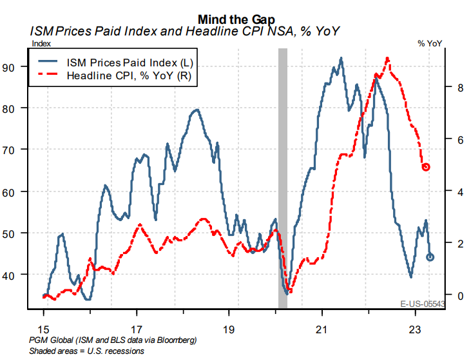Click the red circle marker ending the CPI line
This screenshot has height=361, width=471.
click(426, 167)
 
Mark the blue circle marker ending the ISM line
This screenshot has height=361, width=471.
click(430, 257)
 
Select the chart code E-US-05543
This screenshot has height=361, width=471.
click(421, 304)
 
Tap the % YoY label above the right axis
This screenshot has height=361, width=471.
click(430, 43)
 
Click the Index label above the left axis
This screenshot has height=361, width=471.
click(40, 43)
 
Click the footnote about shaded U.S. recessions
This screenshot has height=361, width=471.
click(86, 351)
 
